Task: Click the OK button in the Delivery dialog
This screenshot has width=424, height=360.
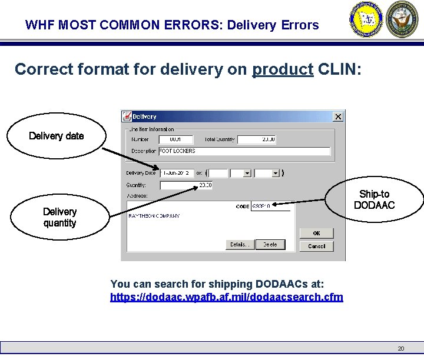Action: tap(316, 233)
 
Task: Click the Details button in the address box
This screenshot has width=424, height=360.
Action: tap(238, 245)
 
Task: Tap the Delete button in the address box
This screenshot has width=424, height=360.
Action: tap(270, 245)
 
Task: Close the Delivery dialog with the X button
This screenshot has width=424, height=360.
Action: tap(337, 116)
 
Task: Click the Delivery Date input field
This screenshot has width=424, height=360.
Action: tap(177, 173)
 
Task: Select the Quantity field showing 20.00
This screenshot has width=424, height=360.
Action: tap(186, 185)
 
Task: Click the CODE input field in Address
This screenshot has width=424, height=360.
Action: tap(271, 206)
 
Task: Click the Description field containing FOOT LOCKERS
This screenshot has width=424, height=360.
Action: tap(244, 151)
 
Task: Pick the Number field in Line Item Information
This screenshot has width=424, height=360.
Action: tap(176, 139)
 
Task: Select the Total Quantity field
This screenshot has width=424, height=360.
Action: tap(257, 139)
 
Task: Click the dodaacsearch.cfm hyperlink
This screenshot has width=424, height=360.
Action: tap(226, 297)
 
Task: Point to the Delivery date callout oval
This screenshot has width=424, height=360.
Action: tap(57, 136)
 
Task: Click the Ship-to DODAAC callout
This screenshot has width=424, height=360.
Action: tap(374, 199)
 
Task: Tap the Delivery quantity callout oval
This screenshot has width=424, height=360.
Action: tap(59, 217)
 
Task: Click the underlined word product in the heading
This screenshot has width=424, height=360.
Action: tap(282, 69)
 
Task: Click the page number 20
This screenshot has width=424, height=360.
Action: tap(400, 348)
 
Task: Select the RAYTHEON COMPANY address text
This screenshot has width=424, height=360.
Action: tap(154, 216)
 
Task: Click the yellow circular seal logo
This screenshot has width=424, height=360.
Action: tap(366, 19)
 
